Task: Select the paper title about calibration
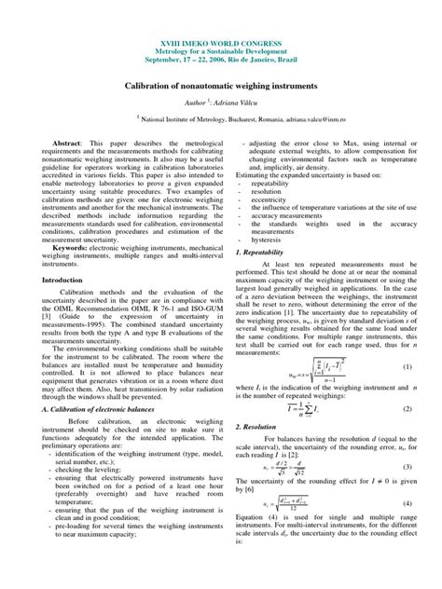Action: click(x=220, y=83)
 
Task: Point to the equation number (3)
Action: click(x=407, y=465)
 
